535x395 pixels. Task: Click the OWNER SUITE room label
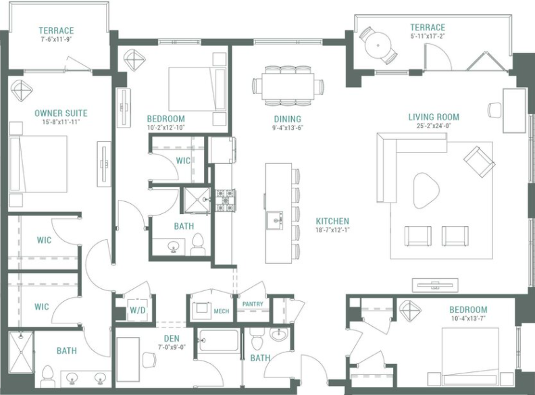61,113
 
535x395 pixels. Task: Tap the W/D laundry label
137,311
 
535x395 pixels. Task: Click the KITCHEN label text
333,221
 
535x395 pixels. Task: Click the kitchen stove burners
225,200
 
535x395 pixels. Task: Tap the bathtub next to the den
218,340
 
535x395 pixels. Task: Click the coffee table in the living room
426,189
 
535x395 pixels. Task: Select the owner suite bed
39,164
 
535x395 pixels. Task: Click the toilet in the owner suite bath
48,375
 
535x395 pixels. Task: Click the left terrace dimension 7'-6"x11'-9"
56,40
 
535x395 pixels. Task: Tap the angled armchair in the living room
479,161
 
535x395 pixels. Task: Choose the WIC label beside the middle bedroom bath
182,161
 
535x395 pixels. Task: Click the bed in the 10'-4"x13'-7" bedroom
470,357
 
